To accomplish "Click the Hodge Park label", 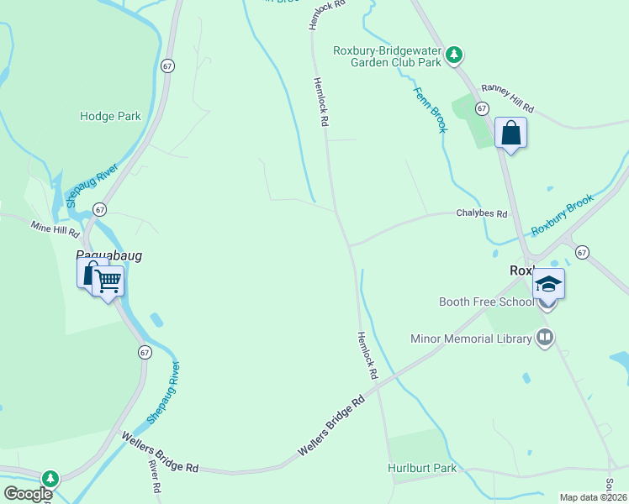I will (110, 117).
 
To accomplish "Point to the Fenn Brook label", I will (430, 108).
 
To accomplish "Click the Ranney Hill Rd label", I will (507, 99).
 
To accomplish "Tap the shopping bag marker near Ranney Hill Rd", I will (510, 133).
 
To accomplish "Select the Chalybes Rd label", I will (482, 214).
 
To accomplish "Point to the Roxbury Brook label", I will (563, 214).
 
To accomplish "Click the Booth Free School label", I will (486, 302).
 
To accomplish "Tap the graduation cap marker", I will (548, 284).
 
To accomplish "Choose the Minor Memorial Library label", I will (471, 339).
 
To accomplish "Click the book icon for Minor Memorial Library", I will (545, 338).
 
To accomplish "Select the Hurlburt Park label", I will (422, 468).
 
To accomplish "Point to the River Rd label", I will (155, 476).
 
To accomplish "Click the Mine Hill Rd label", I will (55, 227).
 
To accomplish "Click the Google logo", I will (28, 494).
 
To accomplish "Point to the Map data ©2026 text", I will (593, 497).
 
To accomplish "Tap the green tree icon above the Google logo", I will (50, 478).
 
